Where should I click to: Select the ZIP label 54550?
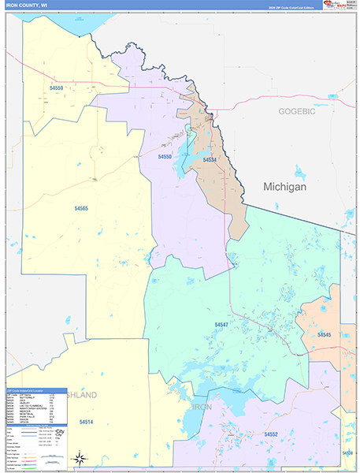[x=165, y=157]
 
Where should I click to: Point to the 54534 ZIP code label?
[x=209, y=160]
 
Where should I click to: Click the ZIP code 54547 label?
[x=221, y=324]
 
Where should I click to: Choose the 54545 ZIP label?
[x=324, y=335]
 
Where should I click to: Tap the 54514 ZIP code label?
[x=87, y=423]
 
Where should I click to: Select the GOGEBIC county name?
[x=296, y=112]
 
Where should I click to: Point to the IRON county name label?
[x=202, y=407]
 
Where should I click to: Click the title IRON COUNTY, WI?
[x=32, y=5]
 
